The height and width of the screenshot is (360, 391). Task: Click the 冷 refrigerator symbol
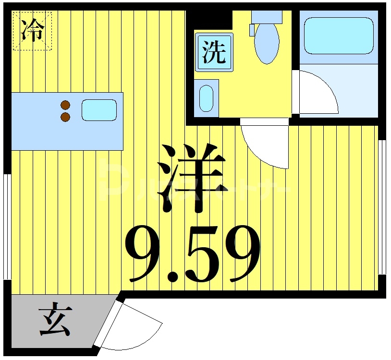[32, 30]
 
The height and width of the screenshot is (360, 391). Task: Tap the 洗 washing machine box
[214, 52]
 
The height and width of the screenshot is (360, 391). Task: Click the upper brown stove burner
[66, 105]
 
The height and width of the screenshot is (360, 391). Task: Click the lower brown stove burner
[66, 117]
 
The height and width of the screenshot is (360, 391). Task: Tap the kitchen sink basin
[99, 110]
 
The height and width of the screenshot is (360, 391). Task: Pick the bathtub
[339, 36]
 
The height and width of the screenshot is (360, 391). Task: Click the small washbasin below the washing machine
[207, 98]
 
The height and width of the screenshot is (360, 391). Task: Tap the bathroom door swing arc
[317, 91]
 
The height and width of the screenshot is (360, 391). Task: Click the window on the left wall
[7, 226]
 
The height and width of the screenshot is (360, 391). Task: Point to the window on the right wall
[382, 206]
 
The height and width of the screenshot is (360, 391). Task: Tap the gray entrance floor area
[29, 331]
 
